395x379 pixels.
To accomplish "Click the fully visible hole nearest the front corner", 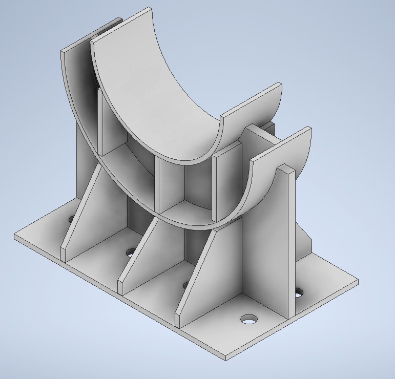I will coord(249,319).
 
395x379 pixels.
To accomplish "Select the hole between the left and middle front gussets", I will coord(131,252).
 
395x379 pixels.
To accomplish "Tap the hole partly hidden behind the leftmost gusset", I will coord(71,220).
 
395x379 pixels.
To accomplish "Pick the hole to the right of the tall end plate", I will coord(298,293).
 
